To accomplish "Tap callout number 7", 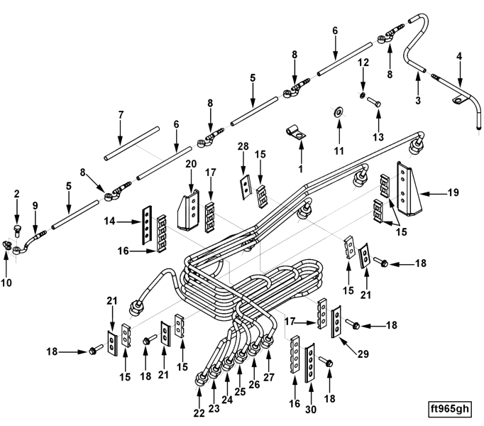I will click(121, 114).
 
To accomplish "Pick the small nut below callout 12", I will click(363, 94).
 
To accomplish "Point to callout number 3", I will click(418, 101).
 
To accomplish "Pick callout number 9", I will click(35, 205).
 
